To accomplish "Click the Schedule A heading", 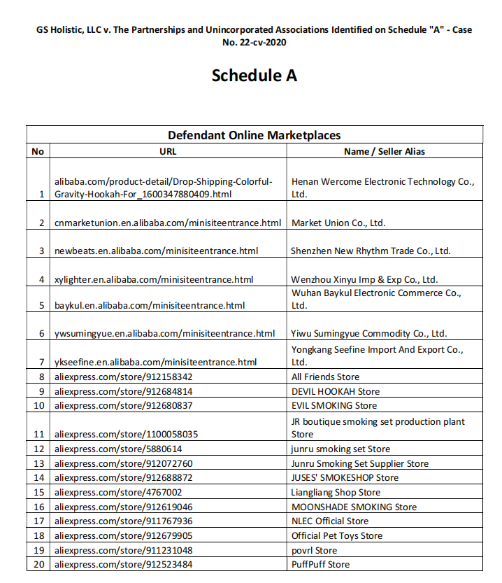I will [x=254, y=75].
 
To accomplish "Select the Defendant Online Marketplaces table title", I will [x=254, y=135].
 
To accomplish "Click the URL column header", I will [x=168, y=151].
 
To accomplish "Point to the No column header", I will [x=38, y=151].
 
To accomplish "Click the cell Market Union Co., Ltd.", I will [x=338, y=223].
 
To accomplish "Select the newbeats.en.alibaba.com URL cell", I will [x=157, y=251].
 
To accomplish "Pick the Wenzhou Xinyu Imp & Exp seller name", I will [x=364, y=279].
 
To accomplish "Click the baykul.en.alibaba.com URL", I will [x=150, y=306].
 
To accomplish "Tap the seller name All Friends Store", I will [x=325, y=377].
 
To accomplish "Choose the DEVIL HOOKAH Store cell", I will [x=336, y=391].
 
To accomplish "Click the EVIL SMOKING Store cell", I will [x=334, y=406].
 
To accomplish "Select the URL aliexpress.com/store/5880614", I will [x=118, y=449].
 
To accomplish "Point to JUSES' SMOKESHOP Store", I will [x=345, y=478].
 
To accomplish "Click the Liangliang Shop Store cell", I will [x=336, y=493].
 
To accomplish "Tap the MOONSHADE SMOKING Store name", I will [x=354, y=507].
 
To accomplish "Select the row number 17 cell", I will [x=38, y=521].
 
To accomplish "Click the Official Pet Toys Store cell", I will [x=337, y=536].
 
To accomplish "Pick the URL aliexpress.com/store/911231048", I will [x=123, y=550].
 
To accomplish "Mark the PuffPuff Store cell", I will [x=320, y=565].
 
